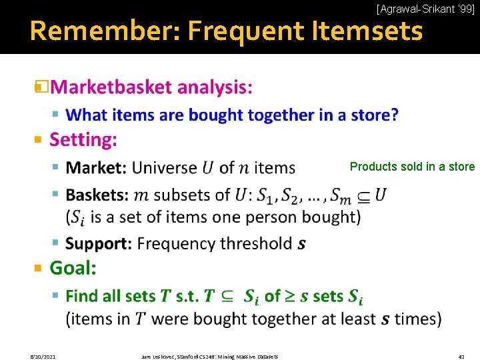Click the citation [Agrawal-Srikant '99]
[425, 9]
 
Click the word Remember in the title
[106, 31]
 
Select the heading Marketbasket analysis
[151, 87]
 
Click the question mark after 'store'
[395, 115]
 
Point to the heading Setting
[83, 140]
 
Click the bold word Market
[96, 167]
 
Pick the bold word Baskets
[97, 195]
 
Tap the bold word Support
[99, 243]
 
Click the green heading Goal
[73, 268]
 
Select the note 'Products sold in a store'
[412, 167]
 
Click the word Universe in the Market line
[165, 167]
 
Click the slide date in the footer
[43, 357]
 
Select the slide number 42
[461, 357]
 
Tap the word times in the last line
[414, 319]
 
